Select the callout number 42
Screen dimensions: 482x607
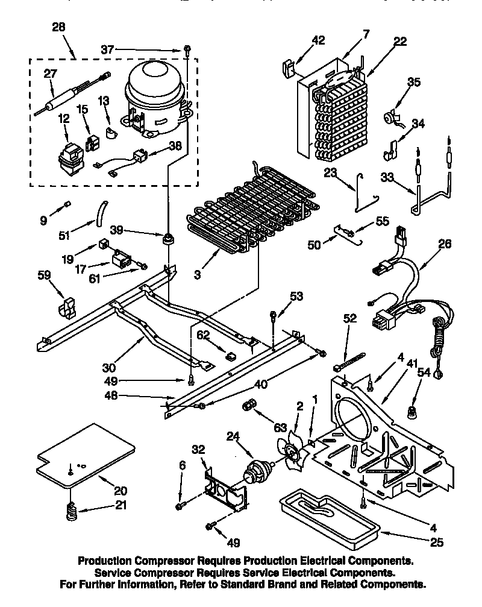(319, 40)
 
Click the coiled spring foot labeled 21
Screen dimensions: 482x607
(71, 514)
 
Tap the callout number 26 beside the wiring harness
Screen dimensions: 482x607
(445, 245)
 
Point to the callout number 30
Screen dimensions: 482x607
(108, 366)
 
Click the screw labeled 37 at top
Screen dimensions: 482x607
(188, 49)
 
